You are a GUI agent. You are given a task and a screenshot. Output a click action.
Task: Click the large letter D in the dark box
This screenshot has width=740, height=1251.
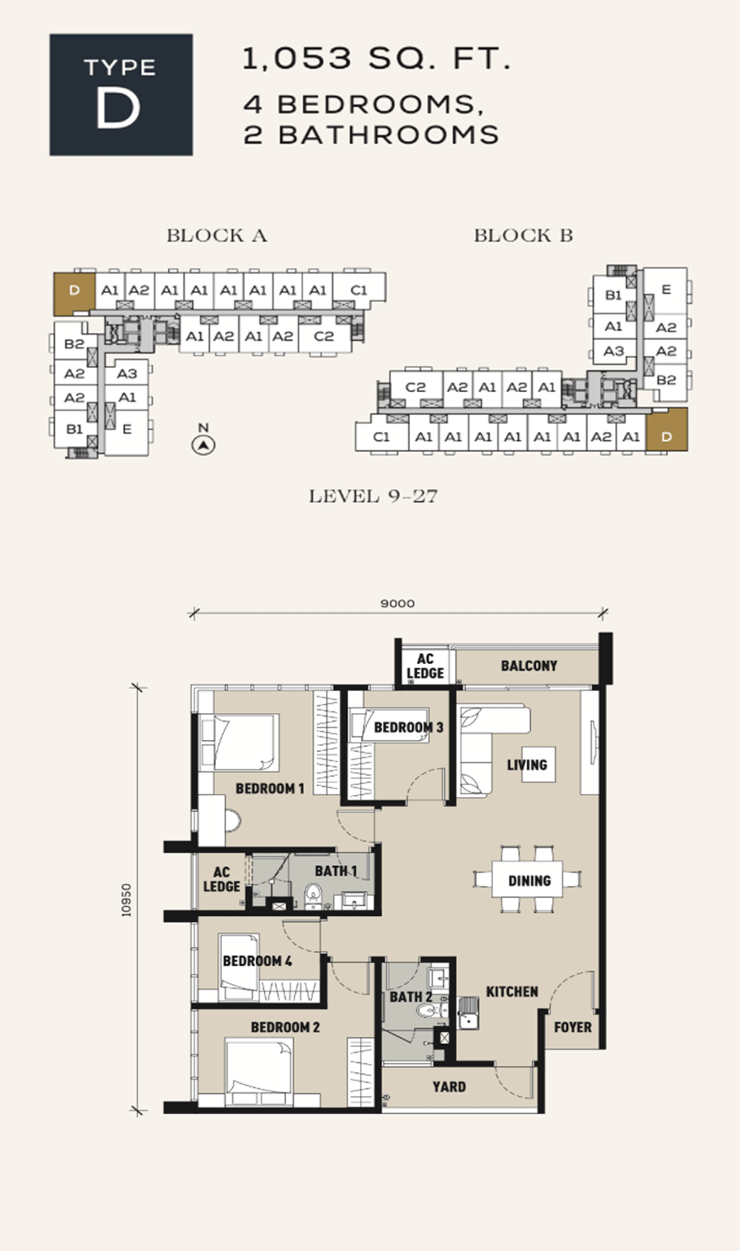[117, 108]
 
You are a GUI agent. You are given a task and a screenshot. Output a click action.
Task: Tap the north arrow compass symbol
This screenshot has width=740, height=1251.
[203, 445]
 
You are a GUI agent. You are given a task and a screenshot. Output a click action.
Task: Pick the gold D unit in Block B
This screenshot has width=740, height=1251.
[667, 431]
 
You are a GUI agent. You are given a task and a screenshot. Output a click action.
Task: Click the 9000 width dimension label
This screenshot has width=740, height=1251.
[397, 603]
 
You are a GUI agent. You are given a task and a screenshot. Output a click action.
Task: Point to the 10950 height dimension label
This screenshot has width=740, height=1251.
[127, 899]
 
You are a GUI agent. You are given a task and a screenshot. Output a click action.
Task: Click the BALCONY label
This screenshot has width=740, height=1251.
[529, 666]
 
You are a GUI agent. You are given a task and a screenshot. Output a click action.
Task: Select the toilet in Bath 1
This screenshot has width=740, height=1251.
[312, 895]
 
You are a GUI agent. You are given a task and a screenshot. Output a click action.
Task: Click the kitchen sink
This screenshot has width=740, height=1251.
[468, 1013]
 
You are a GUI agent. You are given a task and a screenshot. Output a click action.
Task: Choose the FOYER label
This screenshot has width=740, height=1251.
[573, 1027]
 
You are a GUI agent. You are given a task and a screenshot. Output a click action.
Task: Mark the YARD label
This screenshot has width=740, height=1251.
[449, 1087]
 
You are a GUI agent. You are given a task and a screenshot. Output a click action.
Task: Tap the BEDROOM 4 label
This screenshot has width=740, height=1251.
[257, 961]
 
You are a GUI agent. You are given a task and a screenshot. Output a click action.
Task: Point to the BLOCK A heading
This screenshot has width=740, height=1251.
[217, 236]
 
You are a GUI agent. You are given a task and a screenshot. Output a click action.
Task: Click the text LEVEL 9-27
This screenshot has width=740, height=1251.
[373, 496]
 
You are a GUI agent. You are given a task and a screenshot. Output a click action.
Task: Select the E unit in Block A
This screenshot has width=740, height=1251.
[127, 429]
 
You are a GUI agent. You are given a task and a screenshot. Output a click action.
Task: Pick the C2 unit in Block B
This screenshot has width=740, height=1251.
[416, 387]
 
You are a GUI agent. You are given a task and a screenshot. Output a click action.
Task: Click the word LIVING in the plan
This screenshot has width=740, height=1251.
[527, 765]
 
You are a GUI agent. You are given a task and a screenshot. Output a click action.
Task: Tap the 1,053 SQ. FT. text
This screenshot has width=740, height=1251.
[377, 58]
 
